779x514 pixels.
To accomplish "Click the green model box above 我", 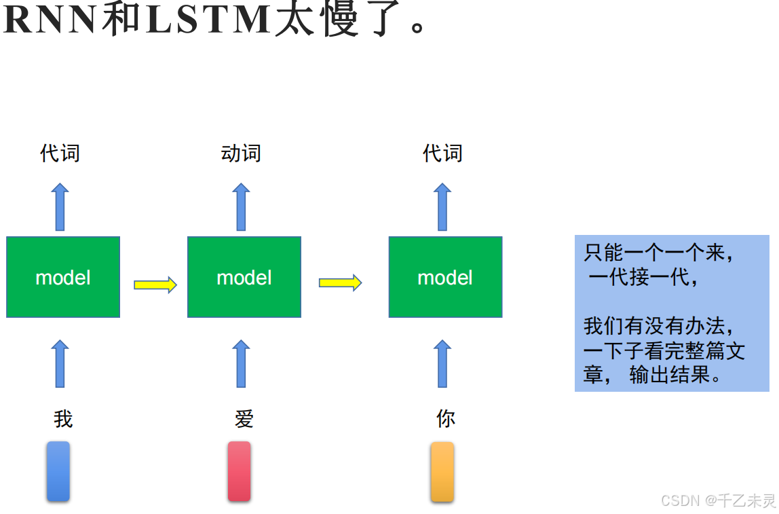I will [x=63, y=277].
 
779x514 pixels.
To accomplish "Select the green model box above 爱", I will [x=244, y=277].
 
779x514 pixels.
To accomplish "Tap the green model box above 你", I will [x=445, y=277].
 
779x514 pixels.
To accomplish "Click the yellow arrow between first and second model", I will [x=155, y=284].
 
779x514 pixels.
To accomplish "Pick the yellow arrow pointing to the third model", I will [x=340, y=282].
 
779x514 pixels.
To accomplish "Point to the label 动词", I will [x=241, y=153].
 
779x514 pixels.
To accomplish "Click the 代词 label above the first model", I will [x=60, y=153].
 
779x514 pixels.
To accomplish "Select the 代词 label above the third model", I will [x=442, y=153].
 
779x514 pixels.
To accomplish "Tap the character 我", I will [x=63, y=419].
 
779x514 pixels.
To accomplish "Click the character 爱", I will [x=244, y=419].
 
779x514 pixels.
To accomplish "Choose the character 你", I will [x=445, y=419].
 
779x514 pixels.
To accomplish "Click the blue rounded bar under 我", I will [x=58, y=471].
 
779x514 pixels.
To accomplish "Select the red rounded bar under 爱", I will [x=239, y=471].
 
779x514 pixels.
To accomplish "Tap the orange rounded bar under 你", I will [x=442, y=471].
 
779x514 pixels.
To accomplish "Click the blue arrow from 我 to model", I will [x=60, y=363].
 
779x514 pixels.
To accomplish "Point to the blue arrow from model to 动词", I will [x=241, y=206].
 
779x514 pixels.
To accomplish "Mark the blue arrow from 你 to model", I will [x=442, y=363].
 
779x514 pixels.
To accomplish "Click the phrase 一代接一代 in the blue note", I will [x=641, y=278].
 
